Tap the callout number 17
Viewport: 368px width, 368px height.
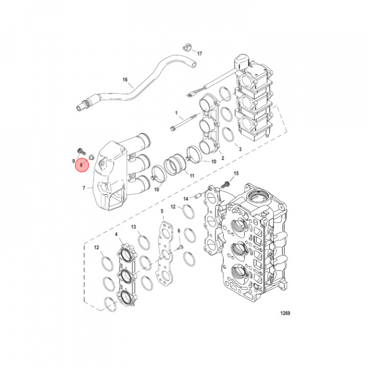coord(200,53)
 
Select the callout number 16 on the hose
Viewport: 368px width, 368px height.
coord(124,80)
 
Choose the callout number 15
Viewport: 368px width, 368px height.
coord(236,174)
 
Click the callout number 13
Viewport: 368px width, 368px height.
coord(133,226)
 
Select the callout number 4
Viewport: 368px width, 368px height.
coord(117,235)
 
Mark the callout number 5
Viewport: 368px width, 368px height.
coord(162,211)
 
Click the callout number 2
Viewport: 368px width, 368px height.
coord(223,158)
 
